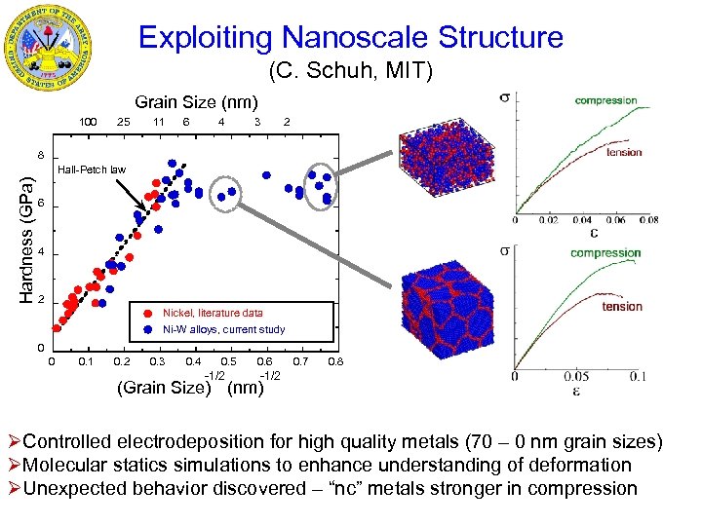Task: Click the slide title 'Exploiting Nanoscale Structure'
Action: tap(350, 38)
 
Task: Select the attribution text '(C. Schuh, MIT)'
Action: tap(350, 72)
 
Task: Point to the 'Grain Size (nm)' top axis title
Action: tap(196, 102)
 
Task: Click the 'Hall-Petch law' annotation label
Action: tap(92, 169)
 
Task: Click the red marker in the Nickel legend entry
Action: tap(146, 314)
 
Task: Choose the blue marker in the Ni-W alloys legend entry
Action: tap(146, 329)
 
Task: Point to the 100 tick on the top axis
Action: tap(88, 123)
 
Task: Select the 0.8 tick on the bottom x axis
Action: tap(335, 362)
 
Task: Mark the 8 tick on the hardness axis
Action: tap(41, 155)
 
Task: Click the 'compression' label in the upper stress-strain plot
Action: tap(605, 100)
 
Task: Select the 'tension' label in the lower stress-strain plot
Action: tap(622, 307)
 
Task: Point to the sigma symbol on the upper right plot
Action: tap(504, 96)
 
